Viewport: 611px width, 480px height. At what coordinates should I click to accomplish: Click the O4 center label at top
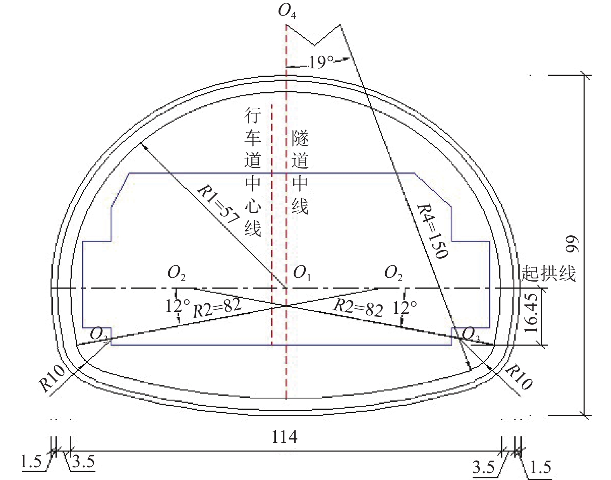click(287, 11)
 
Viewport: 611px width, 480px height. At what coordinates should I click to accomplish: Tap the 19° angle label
click(321, 62)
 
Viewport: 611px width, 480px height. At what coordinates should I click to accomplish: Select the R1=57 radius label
click(218, 205)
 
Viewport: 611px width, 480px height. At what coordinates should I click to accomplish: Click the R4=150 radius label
click(432, 231)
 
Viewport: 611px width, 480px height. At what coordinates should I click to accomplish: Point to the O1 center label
click(302, 273)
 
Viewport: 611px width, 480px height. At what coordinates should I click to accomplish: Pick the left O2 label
click(176, 273)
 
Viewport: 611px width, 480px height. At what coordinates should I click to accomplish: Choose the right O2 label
click(393, 273)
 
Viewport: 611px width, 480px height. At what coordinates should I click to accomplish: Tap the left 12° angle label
click(177, 306)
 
